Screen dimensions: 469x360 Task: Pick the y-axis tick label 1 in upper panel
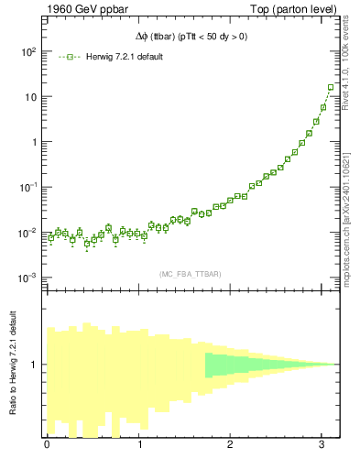pyautogui.click(x=33, y=142)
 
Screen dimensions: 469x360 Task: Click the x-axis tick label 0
pyautogui.click(x=47, y=445)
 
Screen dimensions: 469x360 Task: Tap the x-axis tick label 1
pyautogui.click(x=139, y=445)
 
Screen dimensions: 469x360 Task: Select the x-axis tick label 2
pyautogui.click(x=231, y=445)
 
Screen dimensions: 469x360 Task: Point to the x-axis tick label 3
pyautogui.click(x=323, y=445)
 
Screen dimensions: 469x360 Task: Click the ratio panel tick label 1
pyautogui.click(x=34, y=365)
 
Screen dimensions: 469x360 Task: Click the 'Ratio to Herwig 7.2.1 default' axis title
pyautogui.click(x=13, y=365)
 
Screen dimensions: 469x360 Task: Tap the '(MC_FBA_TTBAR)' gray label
pyautogui.click(x=191, y=274)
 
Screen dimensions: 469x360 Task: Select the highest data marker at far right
pyautogui.click(x=331, y=88)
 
